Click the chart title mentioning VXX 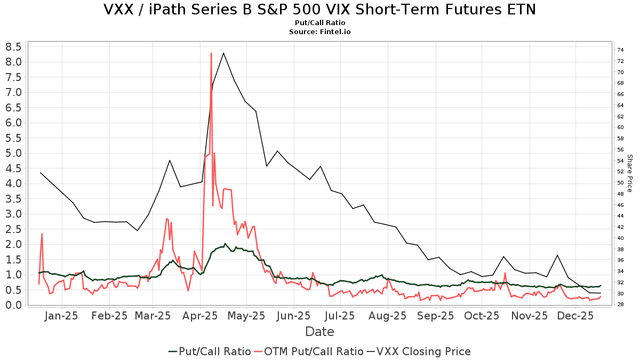(319, 10)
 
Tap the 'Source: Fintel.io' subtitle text (319, 32)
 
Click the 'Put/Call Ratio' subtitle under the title (319, 23)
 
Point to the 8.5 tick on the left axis (13, 47)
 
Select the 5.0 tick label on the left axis (13, 153)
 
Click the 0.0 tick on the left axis (13, 305)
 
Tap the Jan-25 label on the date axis (62, 316)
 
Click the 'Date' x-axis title (319, 332)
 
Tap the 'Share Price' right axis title (629, 173)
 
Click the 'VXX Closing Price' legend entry (423, 351)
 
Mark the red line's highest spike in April (211, 53)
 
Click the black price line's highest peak (223, 53)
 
